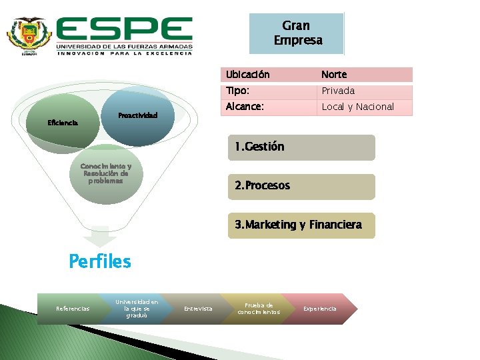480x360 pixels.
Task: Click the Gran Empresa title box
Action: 297,33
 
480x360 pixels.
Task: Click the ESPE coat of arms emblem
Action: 29,37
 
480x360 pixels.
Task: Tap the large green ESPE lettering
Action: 125,29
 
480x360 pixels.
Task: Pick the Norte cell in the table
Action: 364,75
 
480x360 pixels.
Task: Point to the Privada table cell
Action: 364,91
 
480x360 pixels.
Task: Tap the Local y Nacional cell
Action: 364,107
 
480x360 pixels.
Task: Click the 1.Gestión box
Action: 301,147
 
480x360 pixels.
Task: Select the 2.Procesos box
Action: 301,186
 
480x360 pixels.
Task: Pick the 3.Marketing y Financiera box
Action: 301,225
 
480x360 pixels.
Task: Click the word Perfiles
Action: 100,261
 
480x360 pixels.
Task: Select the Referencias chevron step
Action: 73,309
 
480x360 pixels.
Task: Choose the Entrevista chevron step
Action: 198,309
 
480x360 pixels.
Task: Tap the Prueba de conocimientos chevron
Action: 259,309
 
